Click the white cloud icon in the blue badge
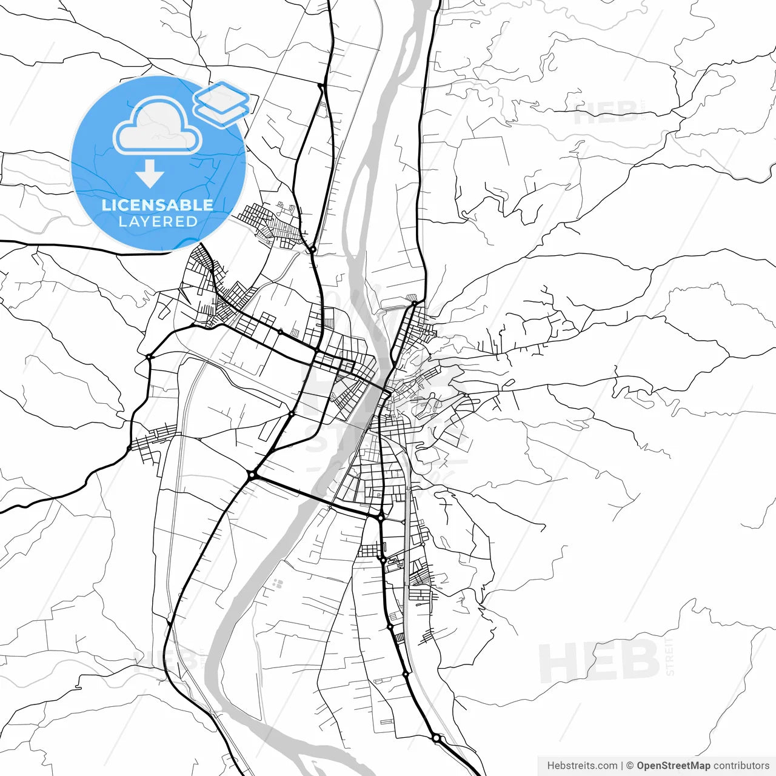point(158,128)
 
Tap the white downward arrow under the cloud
point(149,174)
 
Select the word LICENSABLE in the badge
point(158,205)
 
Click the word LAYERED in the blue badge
point(158,222)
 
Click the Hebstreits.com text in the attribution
point(582,766)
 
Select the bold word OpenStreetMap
point(673,766)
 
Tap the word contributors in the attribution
point(741,766)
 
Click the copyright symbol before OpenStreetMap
point(630,766)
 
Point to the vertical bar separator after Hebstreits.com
point(622,766)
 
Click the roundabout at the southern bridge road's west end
point(252,476)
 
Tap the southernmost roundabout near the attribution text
point(436,738)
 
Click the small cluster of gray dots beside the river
point(278,584)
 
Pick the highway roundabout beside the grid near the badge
point(312,249)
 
